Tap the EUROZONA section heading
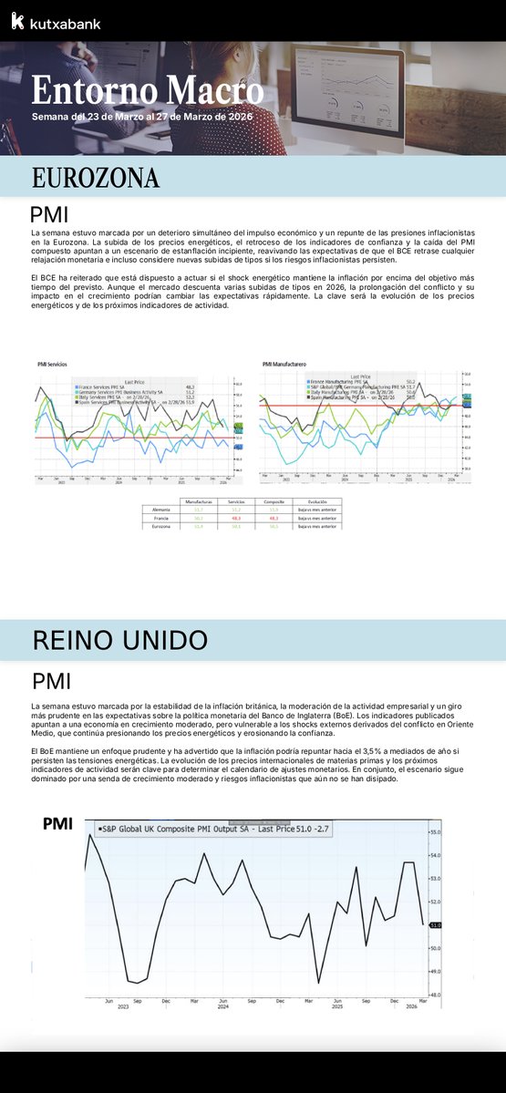tap(96, 177)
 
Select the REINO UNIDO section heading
tap(119, 639)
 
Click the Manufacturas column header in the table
tap(198, 501)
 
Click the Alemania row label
tap(161, 510)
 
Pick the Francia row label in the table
tap(161, 518)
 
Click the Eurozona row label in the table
tap(161, 526)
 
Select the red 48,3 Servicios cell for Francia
tap(235, 518)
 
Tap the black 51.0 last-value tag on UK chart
tap(436, 924)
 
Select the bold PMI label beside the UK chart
tap(58, 824)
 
